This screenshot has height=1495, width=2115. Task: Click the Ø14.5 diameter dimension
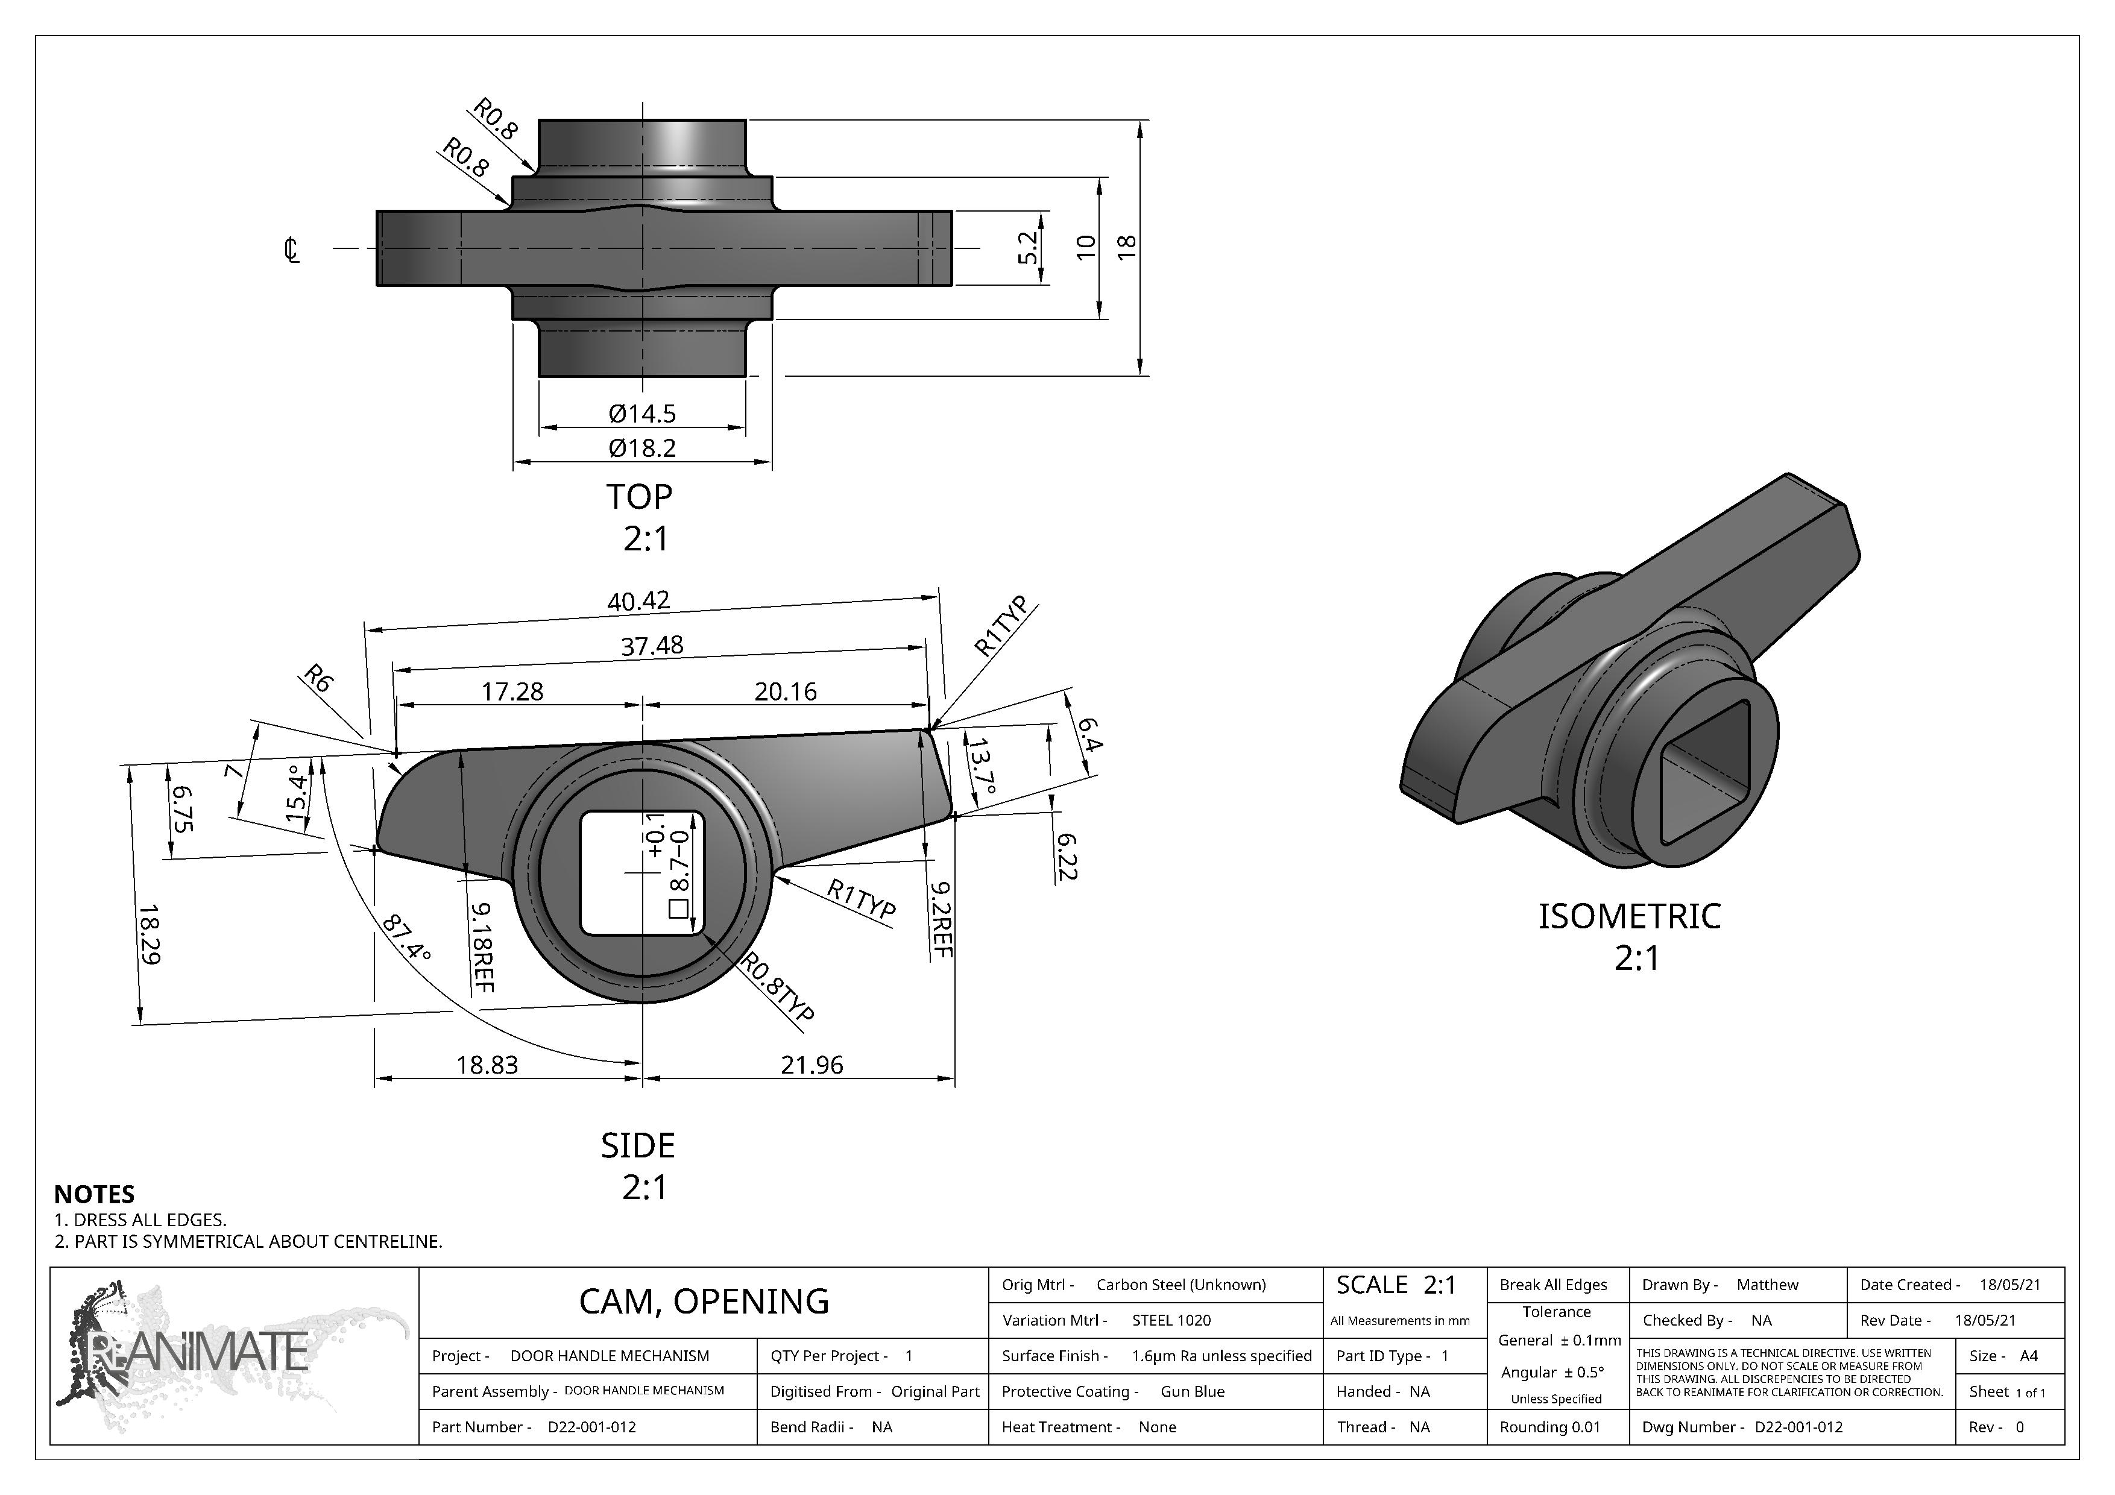click(x=642, y=414)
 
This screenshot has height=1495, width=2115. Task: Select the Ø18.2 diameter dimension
click(x=642, y=448)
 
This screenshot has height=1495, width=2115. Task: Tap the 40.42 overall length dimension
click(x=638, y=602)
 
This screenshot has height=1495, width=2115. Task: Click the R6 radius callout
click(x=317, y=680)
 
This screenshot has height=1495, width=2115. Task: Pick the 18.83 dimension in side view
click(x=487, y=1066)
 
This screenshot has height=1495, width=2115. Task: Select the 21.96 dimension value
click(x=812, y=1066)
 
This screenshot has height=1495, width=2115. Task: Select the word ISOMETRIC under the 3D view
click(x=1628, y=916)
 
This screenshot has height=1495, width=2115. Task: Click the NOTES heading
click(x=94, y=1195)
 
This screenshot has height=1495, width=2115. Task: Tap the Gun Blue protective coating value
click(x=1192, y=1392)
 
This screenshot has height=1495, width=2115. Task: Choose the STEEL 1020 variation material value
click(x=1171, y=1320)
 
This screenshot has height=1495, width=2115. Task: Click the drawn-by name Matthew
click(x=1767, y=1285)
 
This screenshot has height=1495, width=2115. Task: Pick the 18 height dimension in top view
click(x=1126, y=247)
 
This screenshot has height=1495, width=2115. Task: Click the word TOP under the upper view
click(x=639, y=497)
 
